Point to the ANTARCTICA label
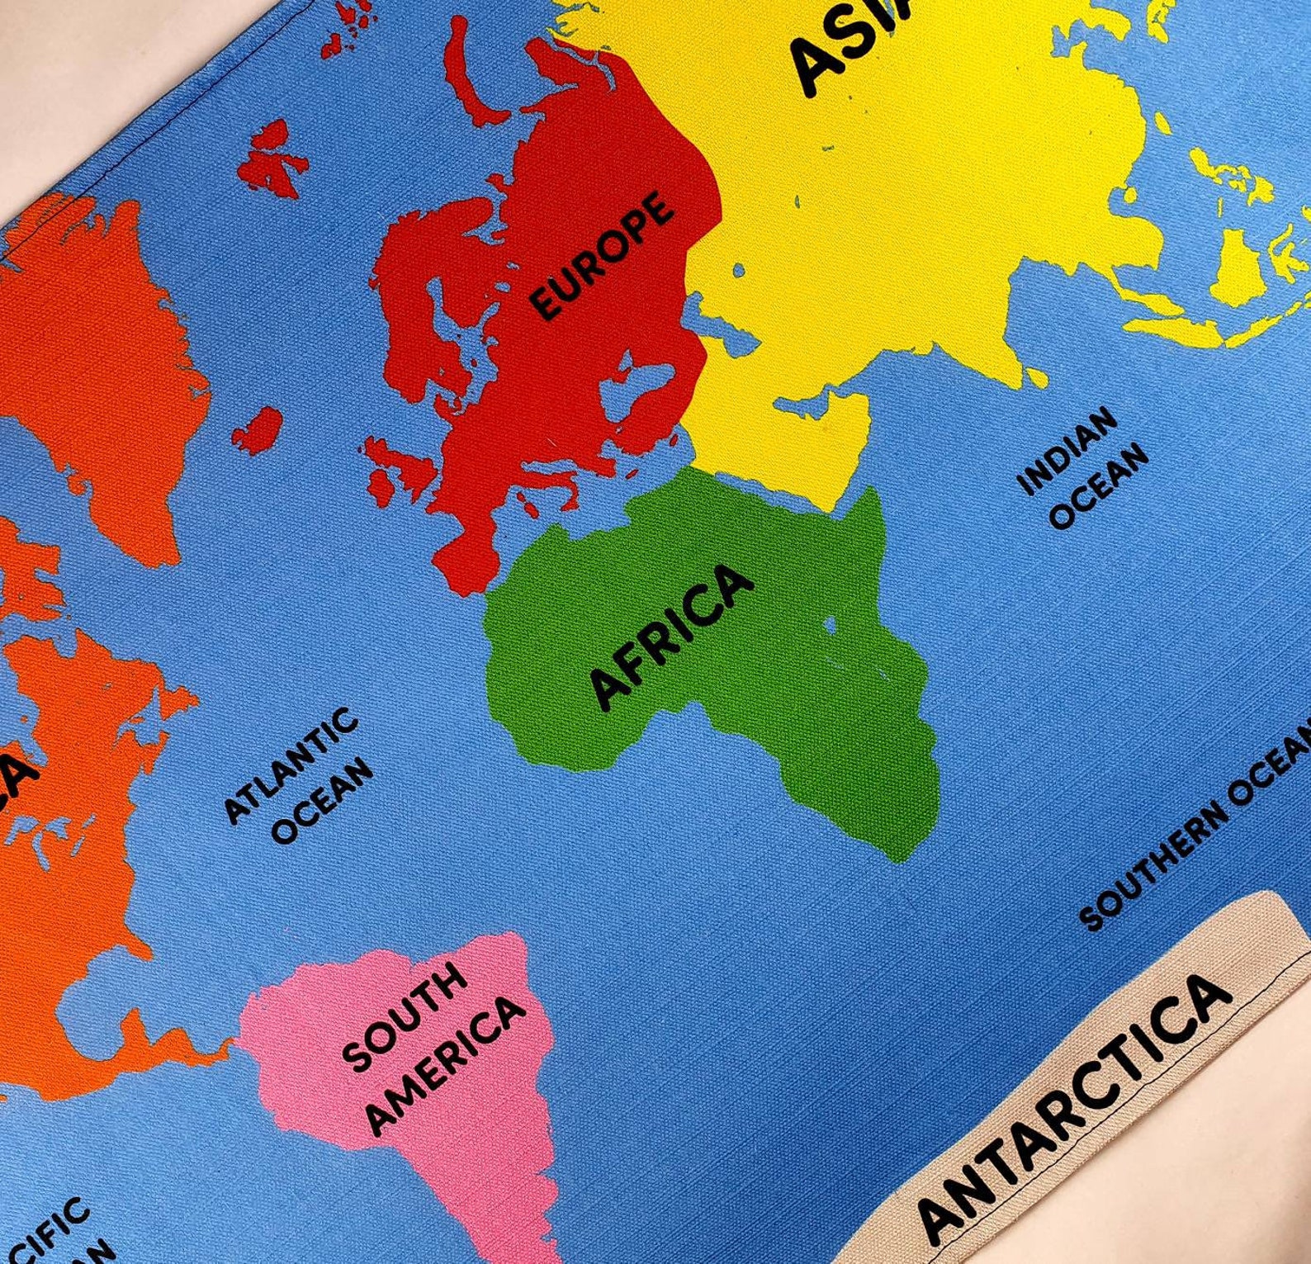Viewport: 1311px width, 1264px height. pos(1074,1110)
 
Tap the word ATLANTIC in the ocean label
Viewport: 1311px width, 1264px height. pos(291,765)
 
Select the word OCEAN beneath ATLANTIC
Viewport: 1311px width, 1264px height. pos(323,800)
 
